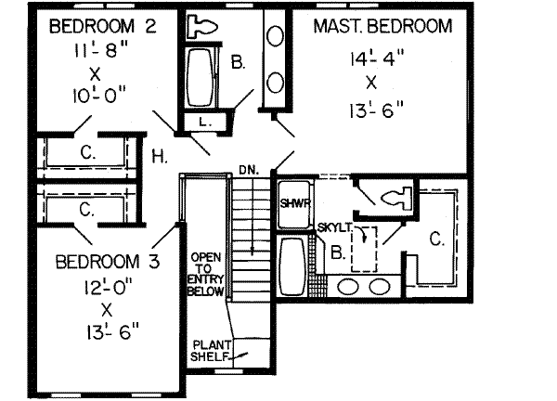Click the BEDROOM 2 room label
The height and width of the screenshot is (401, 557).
pyautogui.click(x=103, y=27)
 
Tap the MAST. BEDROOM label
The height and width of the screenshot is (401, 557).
pyautogui.click(x=382, y=26)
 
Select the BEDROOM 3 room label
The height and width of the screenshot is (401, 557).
pyautogui.click(x=108, y=262)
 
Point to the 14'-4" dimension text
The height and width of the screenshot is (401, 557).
pyautogui.click(x=378, y=58)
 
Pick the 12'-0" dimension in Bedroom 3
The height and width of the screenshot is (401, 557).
pyautogui.click(x=108, y=286)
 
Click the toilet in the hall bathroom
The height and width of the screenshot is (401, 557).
pyautogui.click(x=201, y=26)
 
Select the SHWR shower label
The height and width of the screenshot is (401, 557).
pyautogui.click(x=295, y=203)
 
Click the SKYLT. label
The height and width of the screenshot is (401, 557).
pyautogui.click(x=334, y=227)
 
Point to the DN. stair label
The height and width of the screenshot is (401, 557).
pyautogui.click(x=249, y=170)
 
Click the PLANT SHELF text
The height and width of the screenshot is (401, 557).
pyautogui.click(x=212, y=351)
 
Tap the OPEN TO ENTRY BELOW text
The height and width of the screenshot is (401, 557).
pyautogui.click(x=206, y=274)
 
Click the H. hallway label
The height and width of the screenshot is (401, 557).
pyautogui.click(x=160, y=157)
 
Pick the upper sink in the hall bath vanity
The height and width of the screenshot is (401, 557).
pyautogui.click(x=275, y=36)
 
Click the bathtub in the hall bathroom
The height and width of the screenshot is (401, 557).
pyautogui.click(x=201, y=77)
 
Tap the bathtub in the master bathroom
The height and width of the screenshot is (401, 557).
pyautogui.click(x=292, y=265)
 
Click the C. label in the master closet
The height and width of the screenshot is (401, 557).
pyautogui.click(x=436, y=239)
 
